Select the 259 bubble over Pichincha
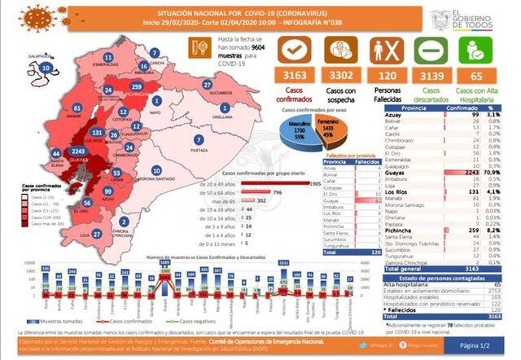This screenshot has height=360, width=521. [136, 86]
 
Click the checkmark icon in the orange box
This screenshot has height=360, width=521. [294, 49]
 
